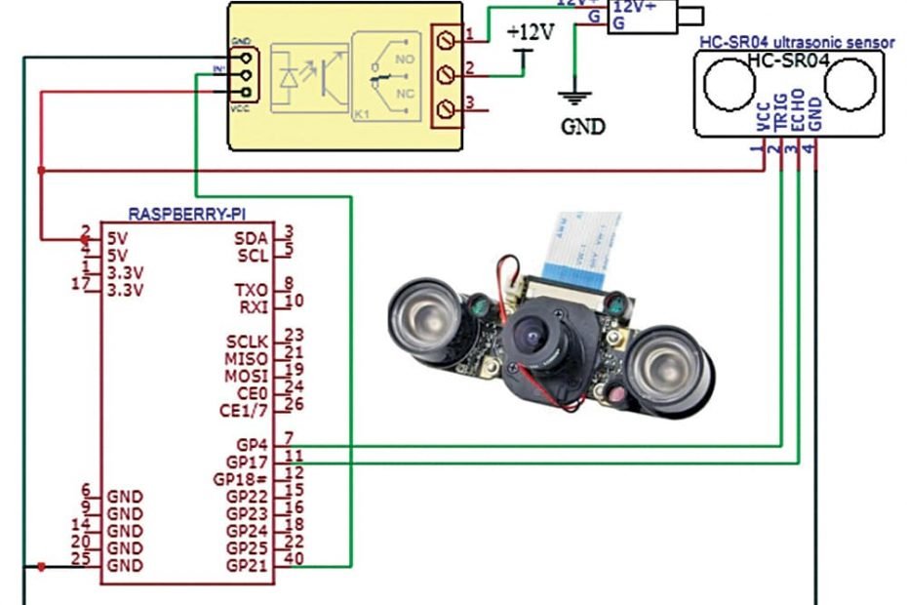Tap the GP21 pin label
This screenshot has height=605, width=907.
tap(248, 566)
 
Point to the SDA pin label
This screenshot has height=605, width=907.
tap(252, 237)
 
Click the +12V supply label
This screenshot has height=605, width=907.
tap(530, 32)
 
